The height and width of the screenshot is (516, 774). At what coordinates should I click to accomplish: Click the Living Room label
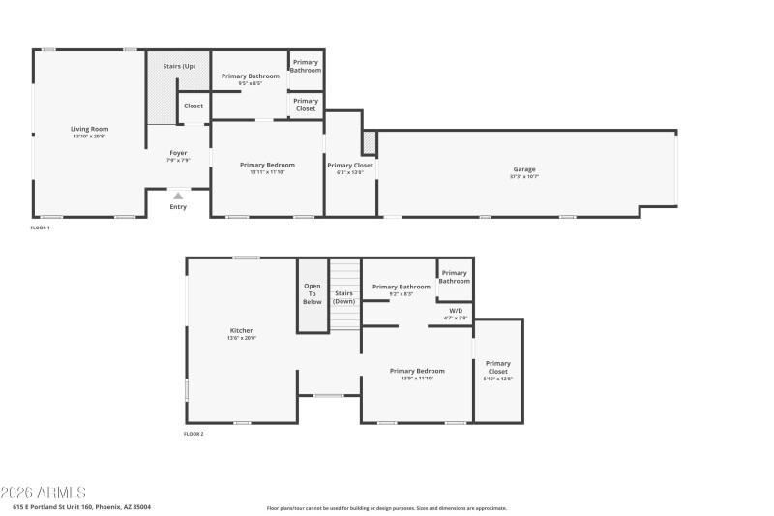[x=89, y=129]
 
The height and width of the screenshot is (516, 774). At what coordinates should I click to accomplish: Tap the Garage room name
[x=523, y=169]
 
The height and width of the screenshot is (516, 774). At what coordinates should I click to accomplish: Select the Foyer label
[x=178, y=153]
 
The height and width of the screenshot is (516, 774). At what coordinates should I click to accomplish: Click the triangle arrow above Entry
[x=178, y=197]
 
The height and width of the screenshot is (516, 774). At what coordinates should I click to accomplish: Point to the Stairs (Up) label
[x=179, y=66]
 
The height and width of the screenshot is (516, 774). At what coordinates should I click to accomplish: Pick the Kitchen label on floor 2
[x=241, y=331]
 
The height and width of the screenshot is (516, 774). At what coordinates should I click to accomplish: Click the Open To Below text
[x=313, y=293]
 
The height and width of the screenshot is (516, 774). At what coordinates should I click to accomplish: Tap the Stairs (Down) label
[x=344, y=296]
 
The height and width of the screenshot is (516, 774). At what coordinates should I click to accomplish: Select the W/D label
[x=456, y=311]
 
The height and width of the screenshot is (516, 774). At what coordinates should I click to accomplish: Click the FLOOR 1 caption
[x=40, y=228]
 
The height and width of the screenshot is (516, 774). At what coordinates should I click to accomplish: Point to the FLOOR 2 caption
[x=193, y=434]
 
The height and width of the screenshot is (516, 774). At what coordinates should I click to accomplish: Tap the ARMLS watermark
[x=44, y=493]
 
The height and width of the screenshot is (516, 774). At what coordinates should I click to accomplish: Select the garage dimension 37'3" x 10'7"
[x=523, y=176]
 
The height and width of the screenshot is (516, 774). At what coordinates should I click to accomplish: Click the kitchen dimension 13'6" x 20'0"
[x=241, y=338]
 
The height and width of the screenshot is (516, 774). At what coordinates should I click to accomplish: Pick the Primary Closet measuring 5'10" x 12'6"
[x=497, y=372]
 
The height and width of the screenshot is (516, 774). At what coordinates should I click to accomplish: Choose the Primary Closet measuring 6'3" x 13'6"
[x=349, y=167]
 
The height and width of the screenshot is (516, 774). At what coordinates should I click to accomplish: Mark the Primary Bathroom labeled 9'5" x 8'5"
[x=250, y=76]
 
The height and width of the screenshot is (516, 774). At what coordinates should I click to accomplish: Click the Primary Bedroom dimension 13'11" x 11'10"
[x=267, y=172]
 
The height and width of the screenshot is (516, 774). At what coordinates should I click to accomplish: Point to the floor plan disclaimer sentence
[x=386, y=507]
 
